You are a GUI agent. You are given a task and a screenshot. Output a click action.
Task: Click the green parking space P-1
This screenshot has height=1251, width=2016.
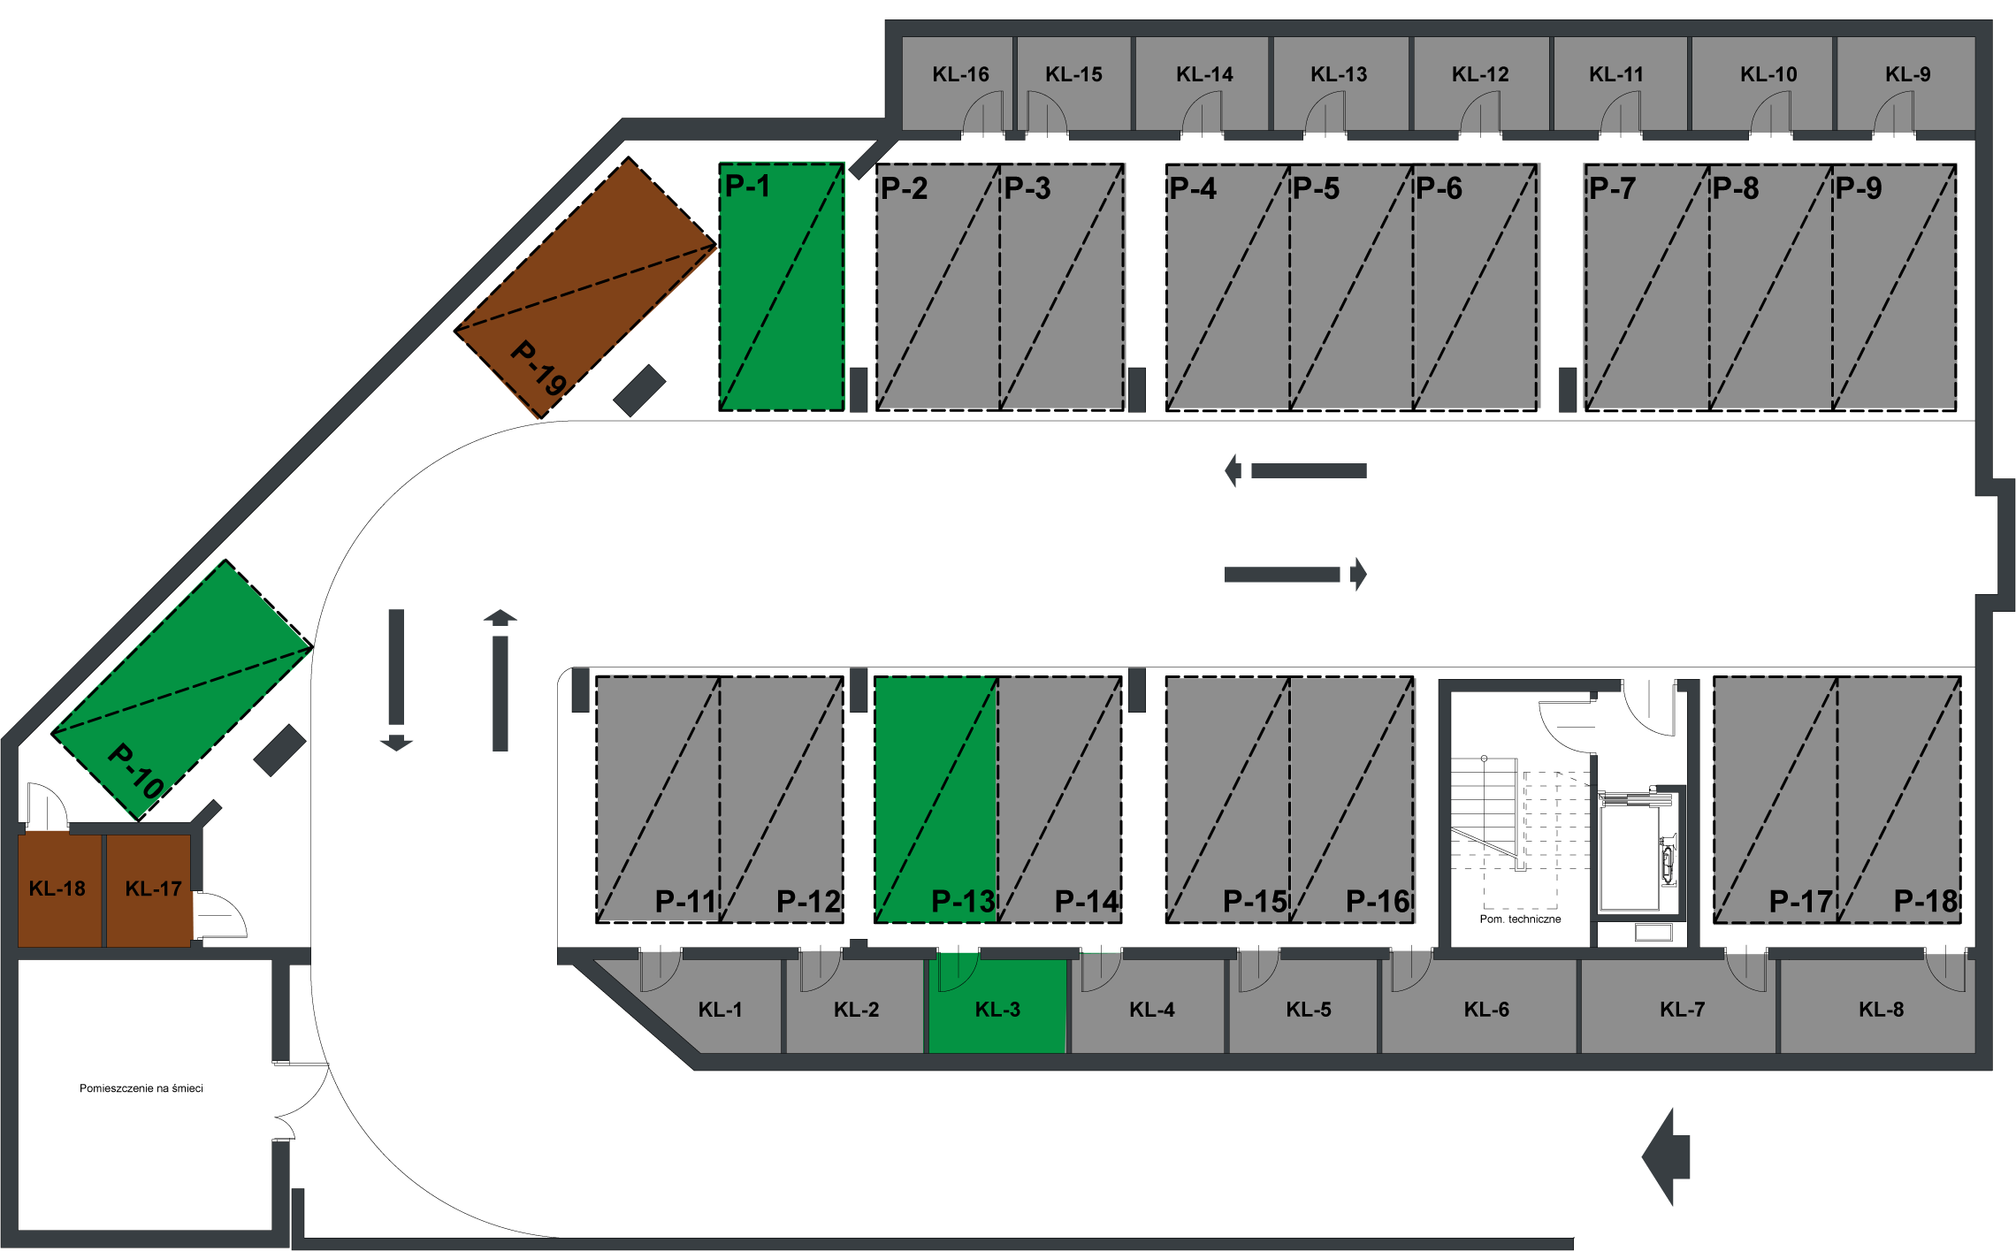click(x=782, y=287)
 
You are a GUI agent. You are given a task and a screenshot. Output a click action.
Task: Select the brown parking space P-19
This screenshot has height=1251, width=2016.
click(x=585, y=287)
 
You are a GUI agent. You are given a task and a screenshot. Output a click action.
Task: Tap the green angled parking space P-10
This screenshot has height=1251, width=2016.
click(x=182, y=690)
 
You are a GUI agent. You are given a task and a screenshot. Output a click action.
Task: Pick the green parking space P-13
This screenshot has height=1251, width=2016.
click(x=935, y=799)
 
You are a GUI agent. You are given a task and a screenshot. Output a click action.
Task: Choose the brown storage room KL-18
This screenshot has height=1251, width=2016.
click(x=59, y=889)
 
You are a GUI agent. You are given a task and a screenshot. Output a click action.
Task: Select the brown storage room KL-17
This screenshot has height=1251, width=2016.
click(x=149, y=889)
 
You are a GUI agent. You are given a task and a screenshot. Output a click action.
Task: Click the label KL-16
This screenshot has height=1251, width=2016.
click(x=960, y=74)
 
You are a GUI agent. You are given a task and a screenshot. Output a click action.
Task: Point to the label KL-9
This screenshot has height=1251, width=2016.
click(x=1907, y=74)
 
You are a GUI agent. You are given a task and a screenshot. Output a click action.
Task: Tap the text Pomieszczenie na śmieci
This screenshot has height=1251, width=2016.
click(x=141, y=1088)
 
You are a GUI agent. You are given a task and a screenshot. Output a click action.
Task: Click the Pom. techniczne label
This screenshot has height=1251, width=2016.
click(x=1520, y=919)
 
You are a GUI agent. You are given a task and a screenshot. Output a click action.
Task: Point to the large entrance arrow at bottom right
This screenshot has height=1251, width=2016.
click(x=1666, y=1156)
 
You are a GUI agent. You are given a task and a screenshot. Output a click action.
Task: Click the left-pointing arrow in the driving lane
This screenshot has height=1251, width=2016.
click(x=1295, y=470)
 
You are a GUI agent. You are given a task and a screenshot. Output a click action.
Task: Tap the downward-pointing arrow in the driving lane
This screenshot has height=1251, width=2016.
click(x=396, y=680)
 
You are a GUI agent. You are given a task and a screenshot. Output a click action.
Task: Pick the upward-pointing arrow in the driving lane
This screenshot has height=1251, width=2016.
click(x=500, y=680)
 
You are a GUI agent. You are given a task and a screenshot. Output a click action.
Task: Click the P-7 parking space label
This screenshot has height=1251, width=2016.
click(x=1612, y=188)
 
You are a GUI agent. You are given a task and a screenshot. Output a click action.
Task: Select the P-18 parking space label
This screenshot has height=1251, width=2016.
click(x=1926, y=901)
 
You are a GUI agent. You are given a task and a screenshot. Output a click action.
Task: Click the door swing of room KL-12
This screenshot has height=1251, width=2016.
click(x=1480, y=114)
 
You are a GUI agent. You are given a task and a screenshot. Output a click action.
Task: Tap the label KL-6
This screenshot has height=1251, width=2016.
click(x=1486, y=1010)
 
